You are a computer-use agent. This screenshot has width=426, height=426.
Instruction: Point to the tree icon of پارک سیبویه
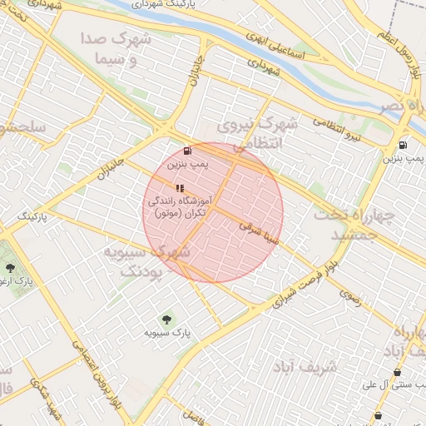pyautogui.click(x=167, y=319)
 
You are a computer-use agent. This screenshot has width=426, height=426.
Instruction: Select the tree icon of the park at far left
pyautogui.click(x=10, y=268)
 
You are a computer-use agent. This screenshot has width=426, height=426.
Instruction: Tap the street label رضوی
pyautogui.click(x=350, y=297)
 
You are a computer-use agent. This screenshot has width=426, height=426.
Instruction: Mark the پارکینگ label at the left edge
pyautogui.click(x=35, y=215)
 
